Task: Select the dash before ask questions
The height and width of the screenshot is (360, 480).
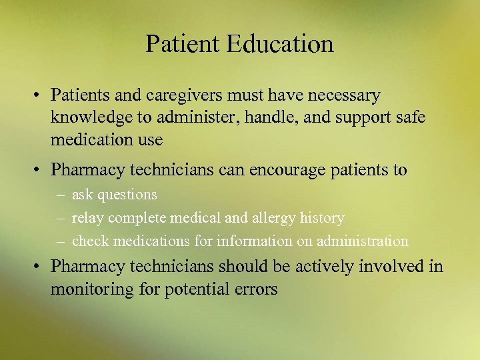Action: (x=61, y=195)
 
